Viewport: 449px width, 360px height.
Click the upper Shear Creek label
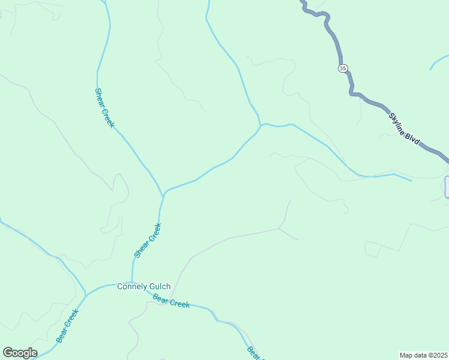coord(104,108)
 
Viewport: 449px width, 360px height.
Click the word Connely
coord(130,287)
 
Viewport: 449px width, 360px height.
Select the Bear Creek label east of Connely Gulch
coord(171,301)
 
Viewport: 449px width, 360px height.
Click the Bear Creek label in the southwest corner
coord(68,325)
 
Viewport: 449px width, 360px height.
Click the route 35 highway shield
coord(342,68)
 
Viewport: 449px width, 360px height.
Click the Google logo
coord(20,353)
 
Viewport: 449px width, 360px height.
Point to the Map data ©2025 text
coord(423,355)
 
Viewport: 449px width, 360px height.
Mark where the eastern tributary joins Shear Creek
coord(163,194)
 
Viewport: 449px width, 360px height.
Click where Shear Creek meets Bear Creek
coord(132,283)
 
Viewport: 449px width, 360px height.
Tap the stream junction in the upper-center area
coord(261,124)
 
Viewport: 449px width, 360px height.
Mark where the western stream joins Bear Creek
coord(86,294)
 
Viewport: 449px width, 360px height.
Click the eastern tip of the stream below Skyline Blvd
coord(412,180)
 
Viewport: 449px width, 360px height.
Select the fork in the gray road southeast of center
coord(279,229)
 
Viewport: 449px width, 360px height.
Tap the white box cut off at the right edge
coord(447,187)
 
